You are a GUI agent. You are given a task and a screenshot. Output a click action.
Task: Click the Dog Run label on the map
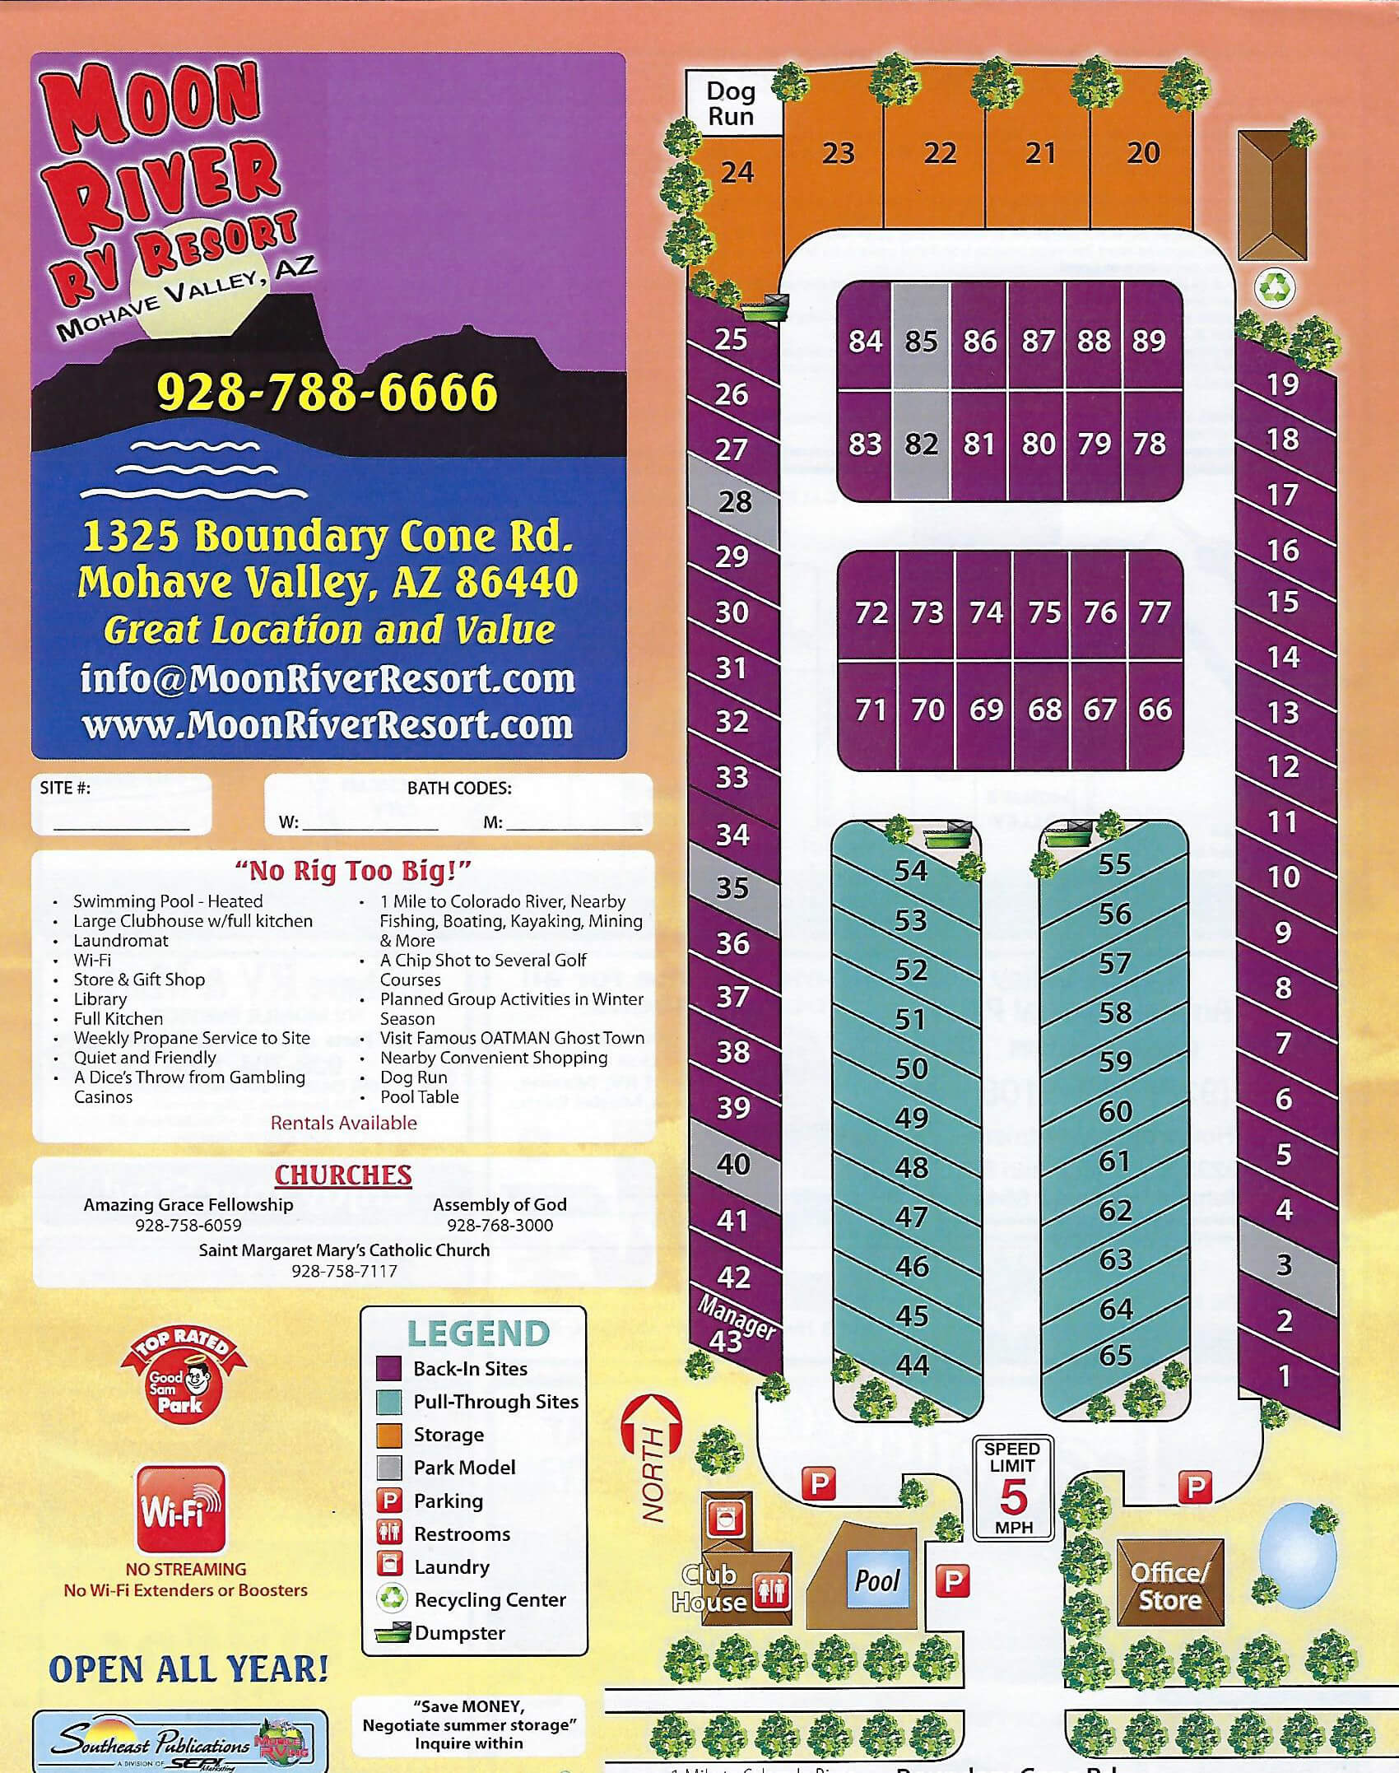[x=730, y=104]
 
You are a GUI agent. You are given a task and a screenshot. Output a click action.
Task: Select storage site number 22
[x=939, y=154]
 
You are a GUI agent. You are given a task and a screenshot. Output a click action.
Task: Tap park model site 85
[x=921, y=341]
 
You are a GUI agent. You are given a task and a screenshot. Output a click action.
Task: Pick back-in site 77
[x=1155, y=612]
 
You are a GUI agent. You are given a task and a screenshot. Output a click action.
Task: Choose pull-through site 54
[x=911, y=871]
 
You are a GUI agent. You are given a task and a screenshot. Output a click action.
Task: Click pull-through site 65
[x=1115, y=1356]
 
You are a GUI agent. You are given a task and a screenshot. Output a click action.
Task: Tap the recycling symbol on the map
[x=1276, y=287]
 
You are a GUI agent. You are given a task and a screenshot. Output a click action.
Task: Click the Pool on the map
[x=877, y=1580]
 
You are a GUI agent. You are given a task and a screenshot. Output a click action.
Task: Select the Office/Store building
[x=1169, y=1586]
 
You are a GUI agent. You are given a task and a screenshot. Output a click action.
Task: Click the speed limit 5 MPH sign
[x=1012, y=1487]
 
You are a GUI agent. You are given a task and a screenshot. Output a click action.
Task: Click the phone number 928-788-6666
[x=327, y=392]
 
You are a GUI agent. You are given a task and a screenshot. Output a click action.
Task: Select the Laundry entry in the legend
[x=451, y=1566]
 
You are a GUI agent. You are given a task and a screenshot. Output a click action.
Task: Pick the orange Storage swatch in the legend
[x=388, y=1435]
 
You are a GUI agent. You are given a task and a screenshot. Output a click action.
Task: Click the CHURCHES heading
[x=342, y=1175]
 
